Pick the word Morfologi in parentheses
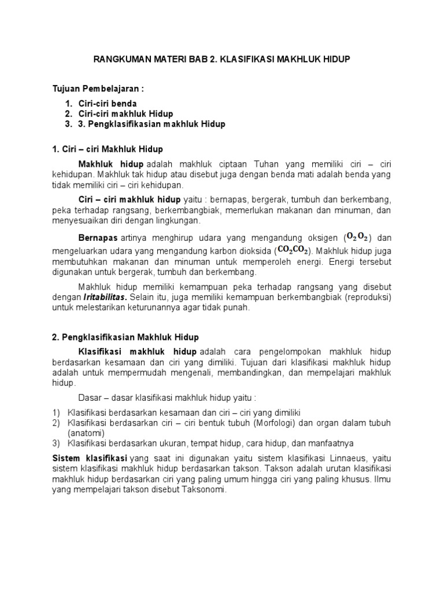point(274,423)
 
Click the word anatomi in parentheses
point(85,433)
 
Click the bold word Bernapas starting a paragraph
point(98,237)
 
